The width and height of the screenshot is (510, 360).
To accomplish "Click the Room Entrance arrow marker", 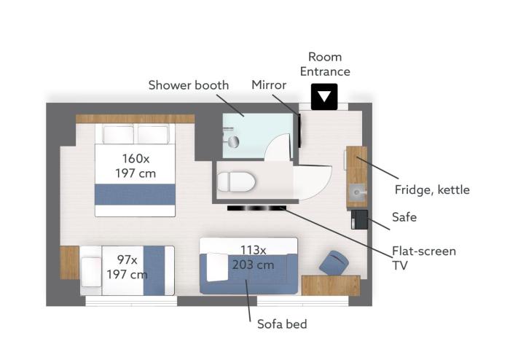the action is point(324,97).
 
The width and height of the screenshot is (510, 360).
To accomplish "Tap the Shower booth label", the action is point(189,85).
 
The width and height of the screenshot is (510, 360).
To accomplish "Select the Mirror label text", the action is point(269,85).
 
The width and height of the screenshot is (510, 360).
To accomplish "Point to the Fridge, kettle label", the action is point(432,189).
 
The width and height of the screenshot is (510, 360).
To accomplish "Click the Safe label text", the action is point(404,217).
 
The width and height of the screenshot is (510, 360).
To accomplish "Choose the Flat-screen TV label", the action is point(424,258).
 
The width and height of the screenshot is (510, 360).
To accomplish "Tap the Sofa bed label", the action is point(282,324).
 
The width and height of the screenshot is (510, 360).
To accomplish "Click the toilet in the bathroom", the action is point(236,181).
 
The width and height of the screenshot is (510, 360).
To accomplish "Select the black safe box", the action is point(359,219).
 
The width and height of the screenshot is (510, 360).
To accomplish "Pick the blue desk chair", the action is point(334,262).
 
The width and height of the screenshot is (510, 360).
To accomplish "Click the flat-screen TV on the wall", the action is point(256,208).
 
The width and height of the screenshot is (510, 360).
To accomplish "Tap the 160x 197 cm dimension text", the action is point(136,166).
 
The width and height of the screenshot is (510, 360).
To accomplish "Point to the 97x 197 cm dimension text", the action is point(127,267).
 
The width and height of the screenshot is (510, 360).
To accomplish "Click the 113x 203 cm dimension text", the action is point(253,257).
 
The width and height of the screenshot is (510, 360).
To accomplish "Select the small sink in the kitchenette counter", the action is point(358,192).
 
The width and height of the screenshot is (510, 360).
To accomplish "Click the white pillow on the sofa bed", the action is point(217,267).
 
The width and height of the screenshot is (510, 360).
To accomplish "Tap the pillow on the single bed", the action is point(91,272).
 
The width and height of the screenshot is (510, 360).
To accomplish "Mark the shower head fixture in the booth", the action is point(233,142).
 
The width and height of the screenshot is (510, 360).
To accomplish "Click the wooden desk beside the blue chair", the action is point(331,285).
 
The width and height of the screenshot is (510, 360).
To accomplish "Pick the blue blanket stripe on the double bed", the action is point(135,195).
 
